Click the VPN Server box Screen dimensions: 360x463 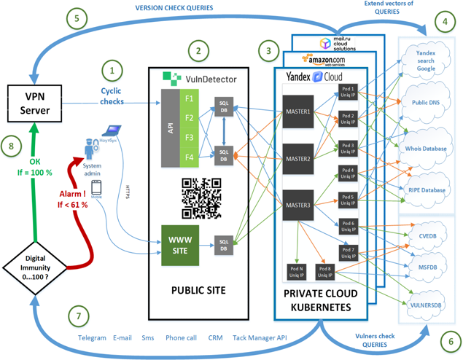[x=33, y=103]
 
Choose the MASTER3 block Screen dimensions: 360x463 [x=297, y=204]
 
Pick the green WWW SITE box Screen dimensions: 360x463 [x=179, y=244]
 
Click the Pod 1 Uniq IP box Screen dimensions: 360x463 [x=348, y=93]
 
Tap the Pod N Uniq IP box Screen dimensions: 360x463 [x=297, y=272]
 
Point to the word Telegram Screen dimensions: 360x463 [x=92, y=339]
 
